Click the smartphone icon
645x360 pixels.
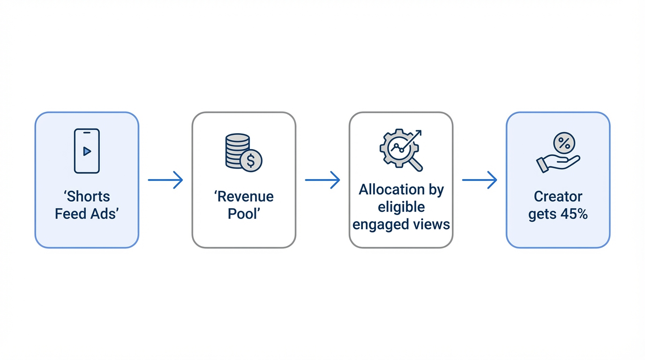[87, 151]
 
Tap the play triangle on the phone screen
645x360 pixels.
[87, 151]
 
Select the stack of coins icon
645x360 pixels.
[237, 150]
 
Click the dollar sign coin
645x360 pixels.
[251, 161]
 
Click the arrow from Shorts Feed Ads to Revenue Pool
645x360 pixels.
[165, 180]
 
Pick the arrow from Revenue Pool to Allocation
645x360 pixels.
[322, 180]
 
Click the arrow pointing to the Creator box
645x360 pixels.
[479, 180]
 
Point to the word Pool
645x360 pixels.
[243, 214]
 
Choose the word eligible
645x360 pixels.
[401, 207]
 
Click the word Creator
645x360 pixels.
[558, 196]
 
